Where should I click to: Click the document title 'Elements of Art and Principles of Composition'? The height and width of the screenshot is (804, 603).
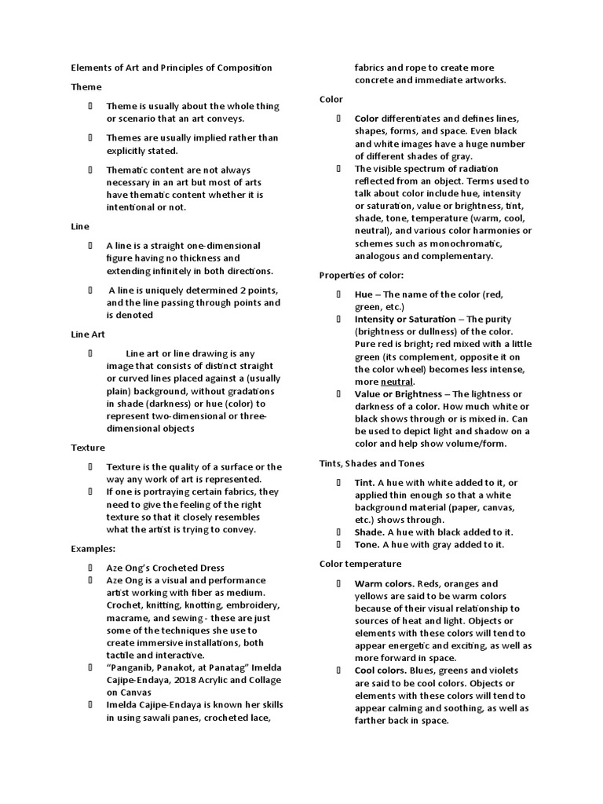tap(172, 68)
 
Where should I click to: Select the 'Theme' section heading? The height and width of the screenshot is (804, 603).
tap(86, 87)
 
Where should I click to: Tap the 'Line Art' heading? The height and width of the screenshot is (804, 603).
tap(88, 334)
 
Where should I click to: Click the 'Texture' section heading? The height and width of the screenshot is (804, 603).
tap(88, 448)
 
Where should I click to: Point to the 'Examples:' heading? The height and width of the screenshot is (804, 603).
tap(93, 548)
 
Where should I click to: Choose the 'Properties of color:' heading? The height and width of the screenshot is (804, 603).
tap(362, 275)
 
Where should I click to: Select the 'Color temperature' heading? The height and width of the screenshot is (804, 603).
tap(360, 564)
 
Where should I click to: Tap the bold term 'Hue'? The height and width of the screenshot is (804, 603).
tap(364, 294)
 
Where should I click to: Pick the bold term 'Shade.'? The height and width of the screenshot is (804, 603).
tap(369, 532)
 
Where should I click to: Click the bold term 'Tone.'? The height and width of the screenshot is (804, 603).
tap(367, 544)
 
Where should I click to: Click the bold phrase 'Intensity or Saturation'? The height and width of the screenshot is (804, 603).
tap(404, 319)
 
